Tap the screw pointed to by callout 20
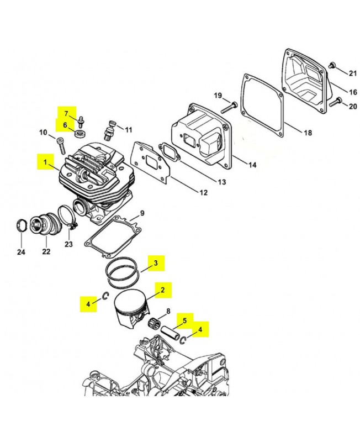click(333, 101)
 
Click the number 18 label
click(308, 133)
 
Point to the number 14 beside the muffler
click(252, 165)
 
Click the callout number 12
click(203, 192)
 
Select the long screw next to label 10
click(60, 145)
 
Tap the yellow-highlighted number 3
click(155, 263)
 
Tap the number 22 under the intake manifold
click(46, 251)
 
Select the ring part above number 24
click(20, 225)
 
